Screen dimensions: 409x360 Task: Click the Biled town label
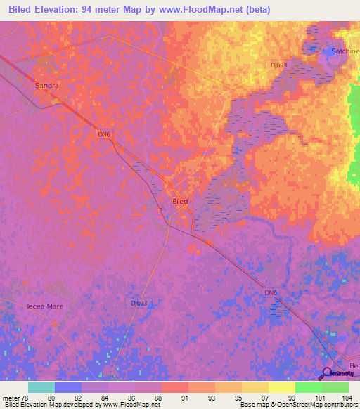(180, 201)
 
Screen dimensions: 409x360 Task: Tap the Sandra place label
(47, 86)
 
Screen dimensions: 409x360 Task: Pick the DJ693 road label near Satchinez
(279, 65)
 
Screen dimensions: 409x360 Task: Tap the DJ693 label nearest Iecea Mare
(139, 303)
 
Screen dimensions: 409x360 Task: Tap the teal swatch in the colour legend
(41, 387)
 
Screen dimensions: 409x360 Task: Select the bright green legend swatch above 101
(308, 387)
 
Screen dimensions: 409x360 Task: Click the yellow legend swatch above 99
(281, 387)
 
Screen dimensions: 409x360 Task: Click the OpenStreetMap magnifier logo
(326, 372)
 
